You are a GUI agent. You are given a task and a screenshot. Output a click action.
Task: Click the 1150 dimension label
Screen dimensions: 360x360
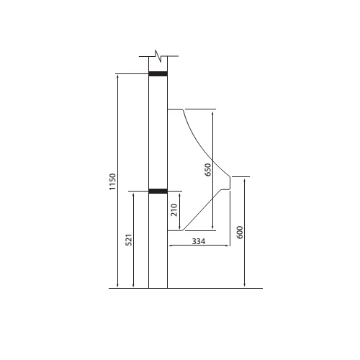(112, 181)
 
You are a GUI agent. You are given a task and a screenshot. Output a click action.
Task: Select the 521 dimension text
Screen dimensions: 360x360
(130, 240)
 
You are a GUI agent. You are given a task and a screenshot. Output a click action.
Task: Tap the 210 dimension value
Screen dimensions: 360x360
(174, 211)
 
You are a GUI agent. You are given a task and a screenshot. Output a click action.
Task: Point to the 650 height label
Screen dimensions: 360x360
(208, 170)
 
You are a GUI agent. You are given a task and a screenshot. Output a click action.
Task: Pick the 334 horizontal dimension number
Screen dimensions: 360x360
(199, 241)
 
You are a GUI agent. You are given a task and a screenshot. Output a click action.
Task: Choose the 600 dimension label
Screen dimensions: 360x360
(240, 232)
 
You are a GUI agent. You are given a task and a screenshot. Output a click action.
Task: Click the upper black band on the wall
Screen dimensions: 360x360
(158, 73)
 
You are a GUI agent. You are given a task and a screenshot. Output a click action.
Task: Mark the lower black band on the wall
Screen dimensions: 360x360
(158, 192)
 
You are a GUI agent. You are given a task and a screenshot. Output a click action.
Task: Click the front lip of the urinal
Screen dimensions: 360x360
(230, 184)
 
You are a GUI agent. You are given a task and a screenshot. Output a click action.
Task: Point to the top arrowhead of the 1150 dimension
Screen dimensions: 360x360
(118, 76)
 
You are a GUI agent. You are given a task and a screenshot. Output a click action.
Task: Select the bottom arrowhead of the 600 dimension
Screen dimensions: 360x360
(245, 286)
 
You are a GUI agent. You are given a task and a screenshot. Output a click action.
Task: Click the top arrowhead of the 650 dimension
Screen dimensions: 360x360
(213, 112)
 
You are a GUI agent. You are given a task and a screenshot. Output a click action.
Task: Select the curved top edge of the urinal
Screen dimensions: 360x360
(198, 140)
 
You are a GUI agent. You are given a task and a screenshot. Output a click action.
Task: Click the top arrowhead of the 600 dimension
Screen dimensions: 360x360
(245, 179)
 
